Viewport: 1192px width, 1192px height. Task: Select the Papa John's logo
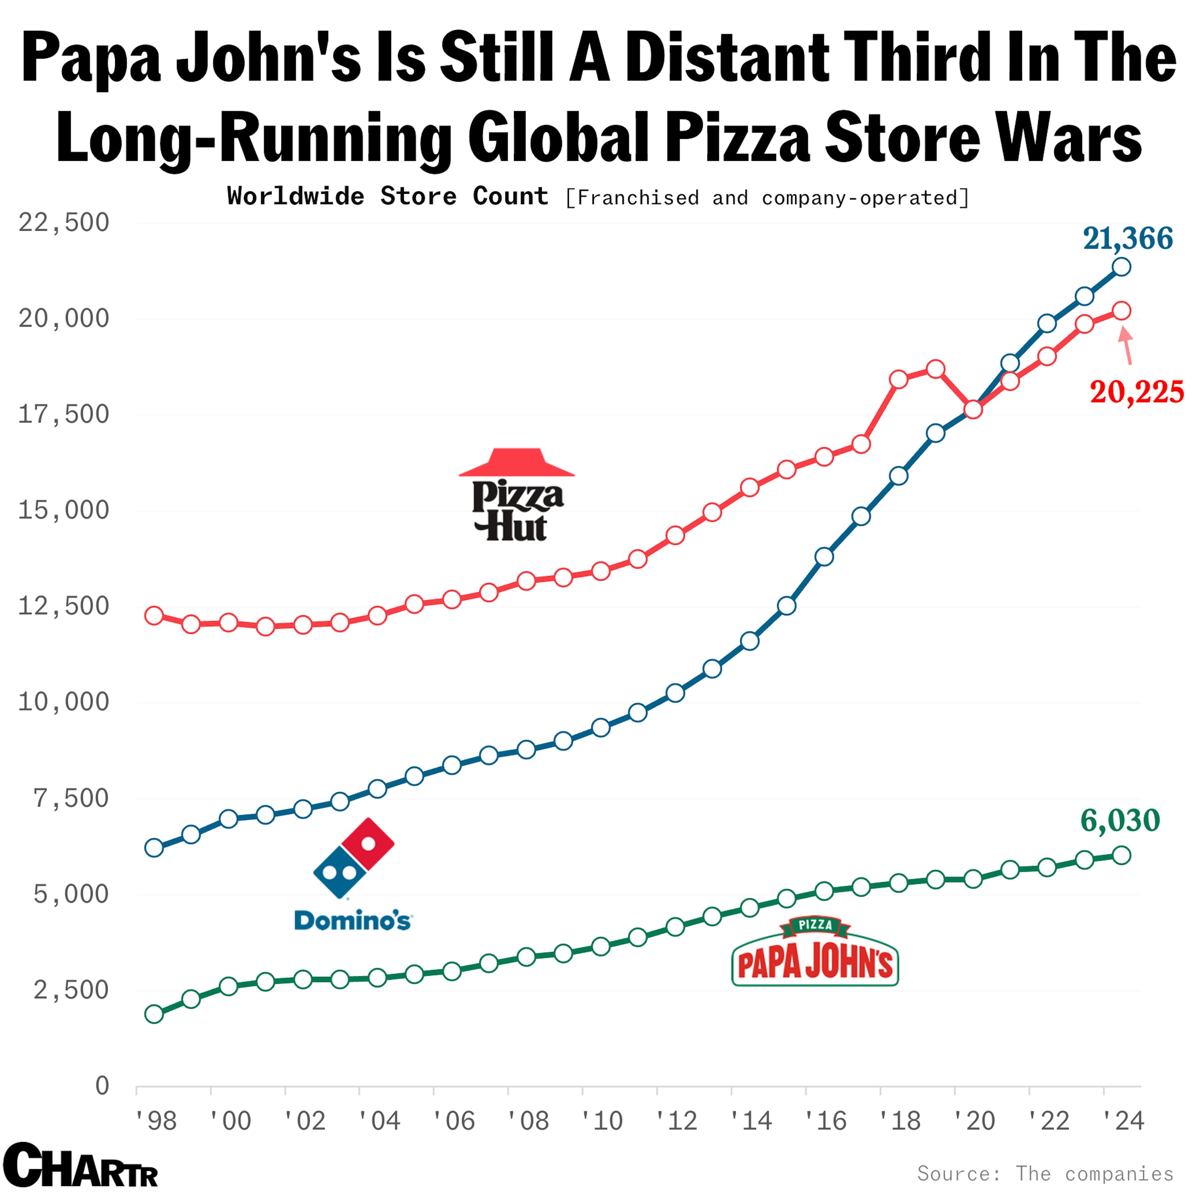(815, 952)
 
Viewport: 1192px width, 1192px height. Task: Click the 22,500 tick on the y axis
(64, 223)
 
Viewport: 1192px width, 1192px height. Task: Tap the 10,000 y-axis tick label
(64, 702)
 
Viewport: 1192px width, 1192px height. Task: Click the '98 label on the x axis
(156, 1120)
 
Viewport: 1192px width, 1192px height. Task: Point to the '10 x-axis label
(603, 1120)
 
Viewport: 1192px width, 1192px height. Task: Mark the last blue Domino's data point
(1121, 267)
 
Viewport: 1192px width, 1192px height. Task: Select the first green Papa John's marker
(154, 1014)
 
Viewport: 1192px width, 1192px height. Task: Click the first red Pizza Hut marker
(154, 616)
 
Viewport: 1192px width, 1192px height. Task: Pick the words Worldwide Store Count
(387, 196)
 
